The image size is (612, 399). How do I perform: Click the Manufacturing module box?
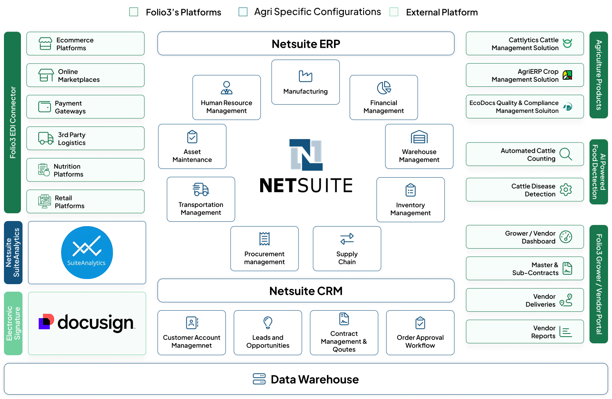[x=306, y=82]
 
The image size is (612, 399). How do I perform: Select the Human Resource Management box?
[x=227, y=97]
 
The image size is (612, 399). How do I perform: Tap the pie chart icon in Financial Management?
[x=384, y=88]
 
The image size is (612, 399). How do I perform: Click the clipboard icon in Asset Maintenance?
[x=192, y=137]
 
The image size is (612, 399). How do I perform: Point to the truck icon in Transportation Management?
[x=201, y=189]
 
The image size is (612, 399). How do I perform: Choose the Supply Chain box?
[x=347, y=249]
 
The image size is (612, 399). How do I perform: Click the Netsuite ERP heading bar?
[x=306, y=44]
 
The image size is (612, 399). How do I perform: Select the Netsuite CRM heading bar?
[x=306, y=290]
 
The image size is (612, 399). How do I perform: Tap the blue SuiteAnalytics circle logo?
[x=87, y=253]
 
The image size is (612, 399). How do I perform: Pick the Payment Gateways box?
[x=86, y=107]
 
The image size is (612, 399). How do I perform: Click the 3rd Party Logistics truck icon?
[x=46, y=138]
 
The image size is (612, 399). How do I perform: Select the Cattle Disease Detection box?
[x=525, y=190]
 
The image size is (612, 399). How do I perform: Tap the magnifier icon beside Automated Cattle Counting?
[x=565, y=154]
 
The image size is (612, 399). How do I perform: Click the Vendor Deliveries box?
[x=525, y=300]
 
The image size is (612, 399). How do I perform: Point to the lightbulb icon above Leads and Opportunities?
[x=268, y=322]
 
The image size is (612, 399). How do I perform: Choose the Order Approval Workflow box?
[x=420, y=333]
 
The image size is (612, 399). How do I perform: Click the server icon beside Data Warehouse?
[x=259, y=379]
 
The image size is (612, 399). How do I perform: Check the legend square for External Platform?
[x=394, y=12]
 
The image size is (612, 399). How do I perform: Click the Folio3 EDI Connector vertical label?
[x=13, y=122]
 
